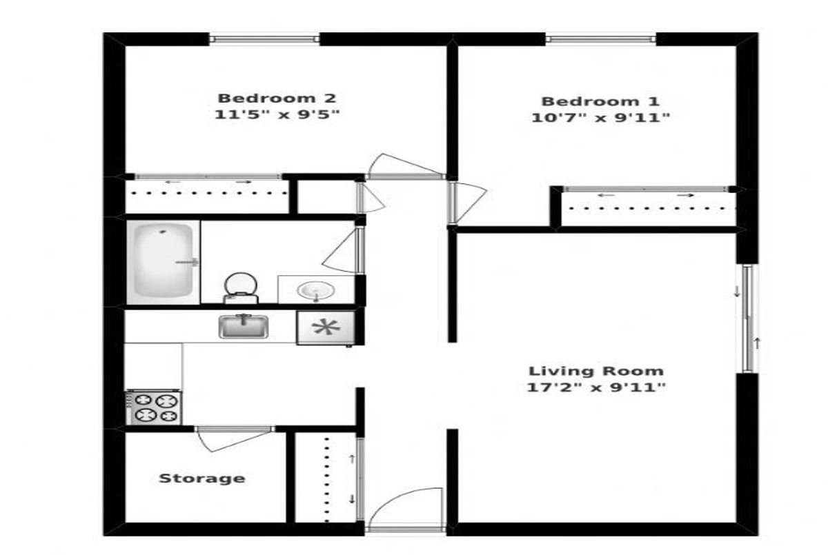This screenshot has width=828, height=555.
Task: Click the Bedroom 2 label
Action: coord(277,99)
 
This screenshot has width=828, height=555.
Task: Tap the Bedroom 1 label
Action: coord(600,101)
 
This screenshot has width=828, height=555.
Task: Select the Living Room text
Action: coord(596,371)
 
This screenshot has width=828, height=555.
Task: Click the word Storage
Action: coord(201,478)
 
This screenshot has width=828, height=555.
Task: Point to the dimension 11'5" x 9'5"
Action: coord(277,114)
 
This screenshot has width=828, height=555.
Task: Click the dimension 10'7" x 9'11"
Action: coord(600,118)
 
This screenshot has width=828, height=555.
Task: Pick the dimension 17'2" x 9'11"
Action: coord(596,387)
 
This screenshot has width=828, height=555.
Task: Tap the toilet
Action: coord(241,288)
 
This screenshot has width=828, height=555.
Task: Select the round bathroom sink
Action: coord(317,290)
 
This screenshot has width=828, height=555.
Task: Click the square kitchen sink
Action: coord(244,326)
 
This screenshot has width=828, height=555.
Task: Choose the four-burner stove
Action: coord(154,407)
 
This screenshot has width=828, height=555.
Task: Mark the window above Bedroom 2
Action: coord(264,39)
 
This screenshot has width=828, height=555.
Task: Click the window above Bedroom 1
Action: coord(601,39)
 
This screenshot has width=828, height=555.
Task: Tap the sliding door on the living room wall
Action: coord(748,319)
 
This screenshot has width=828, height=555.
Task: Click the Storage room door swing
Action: coord(234,440)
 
